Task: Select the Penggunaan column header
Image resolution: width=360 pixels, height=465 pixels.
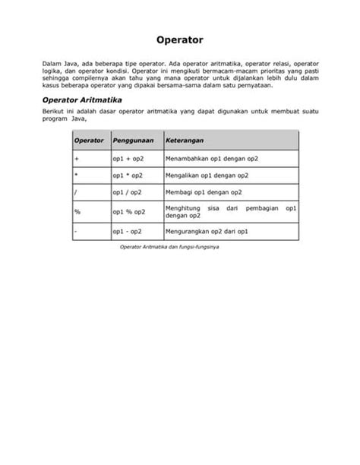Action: coord(133,141)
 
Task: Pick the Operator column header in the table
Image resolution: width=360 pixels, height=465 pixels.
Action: coord(90,141)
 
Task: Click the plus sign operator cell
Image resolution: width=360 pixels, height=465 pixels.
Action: coord(77,159)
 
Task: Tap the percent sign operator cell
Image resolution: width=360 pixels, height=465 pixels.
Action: coord(77,211)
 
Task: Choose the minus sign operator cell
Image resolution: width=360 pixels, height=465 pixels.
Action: coord(76,230)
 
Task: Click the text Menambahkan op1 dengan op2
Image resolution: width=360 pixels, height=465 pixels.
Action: coord(212,159)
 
